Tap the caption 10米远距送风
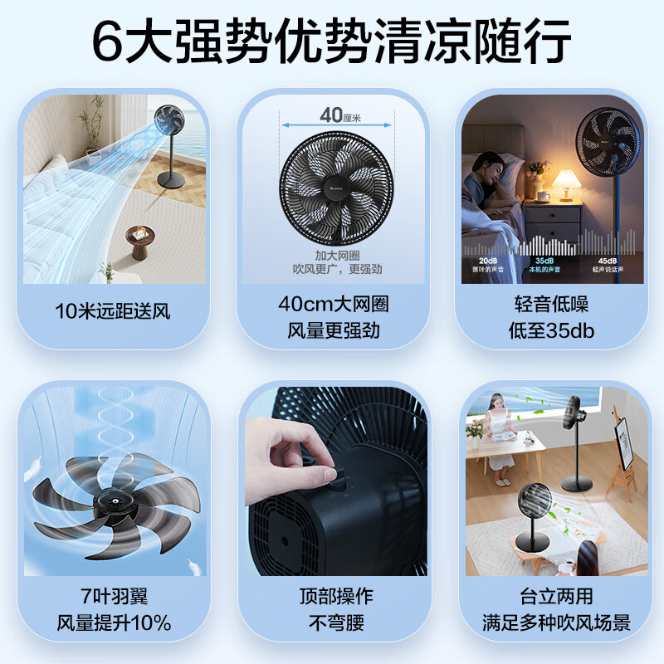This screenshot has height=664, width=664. [113, 312]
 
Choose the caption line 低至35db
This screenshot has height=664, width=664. [551, 330]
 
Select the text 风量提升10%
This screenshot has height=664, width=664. [114, 622]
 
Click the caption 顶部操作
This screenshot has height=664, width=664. [335, 596]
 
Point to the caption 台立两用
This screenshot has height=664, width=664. [551, 596]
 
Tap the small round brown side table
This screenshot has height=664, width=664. [139, 241]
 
